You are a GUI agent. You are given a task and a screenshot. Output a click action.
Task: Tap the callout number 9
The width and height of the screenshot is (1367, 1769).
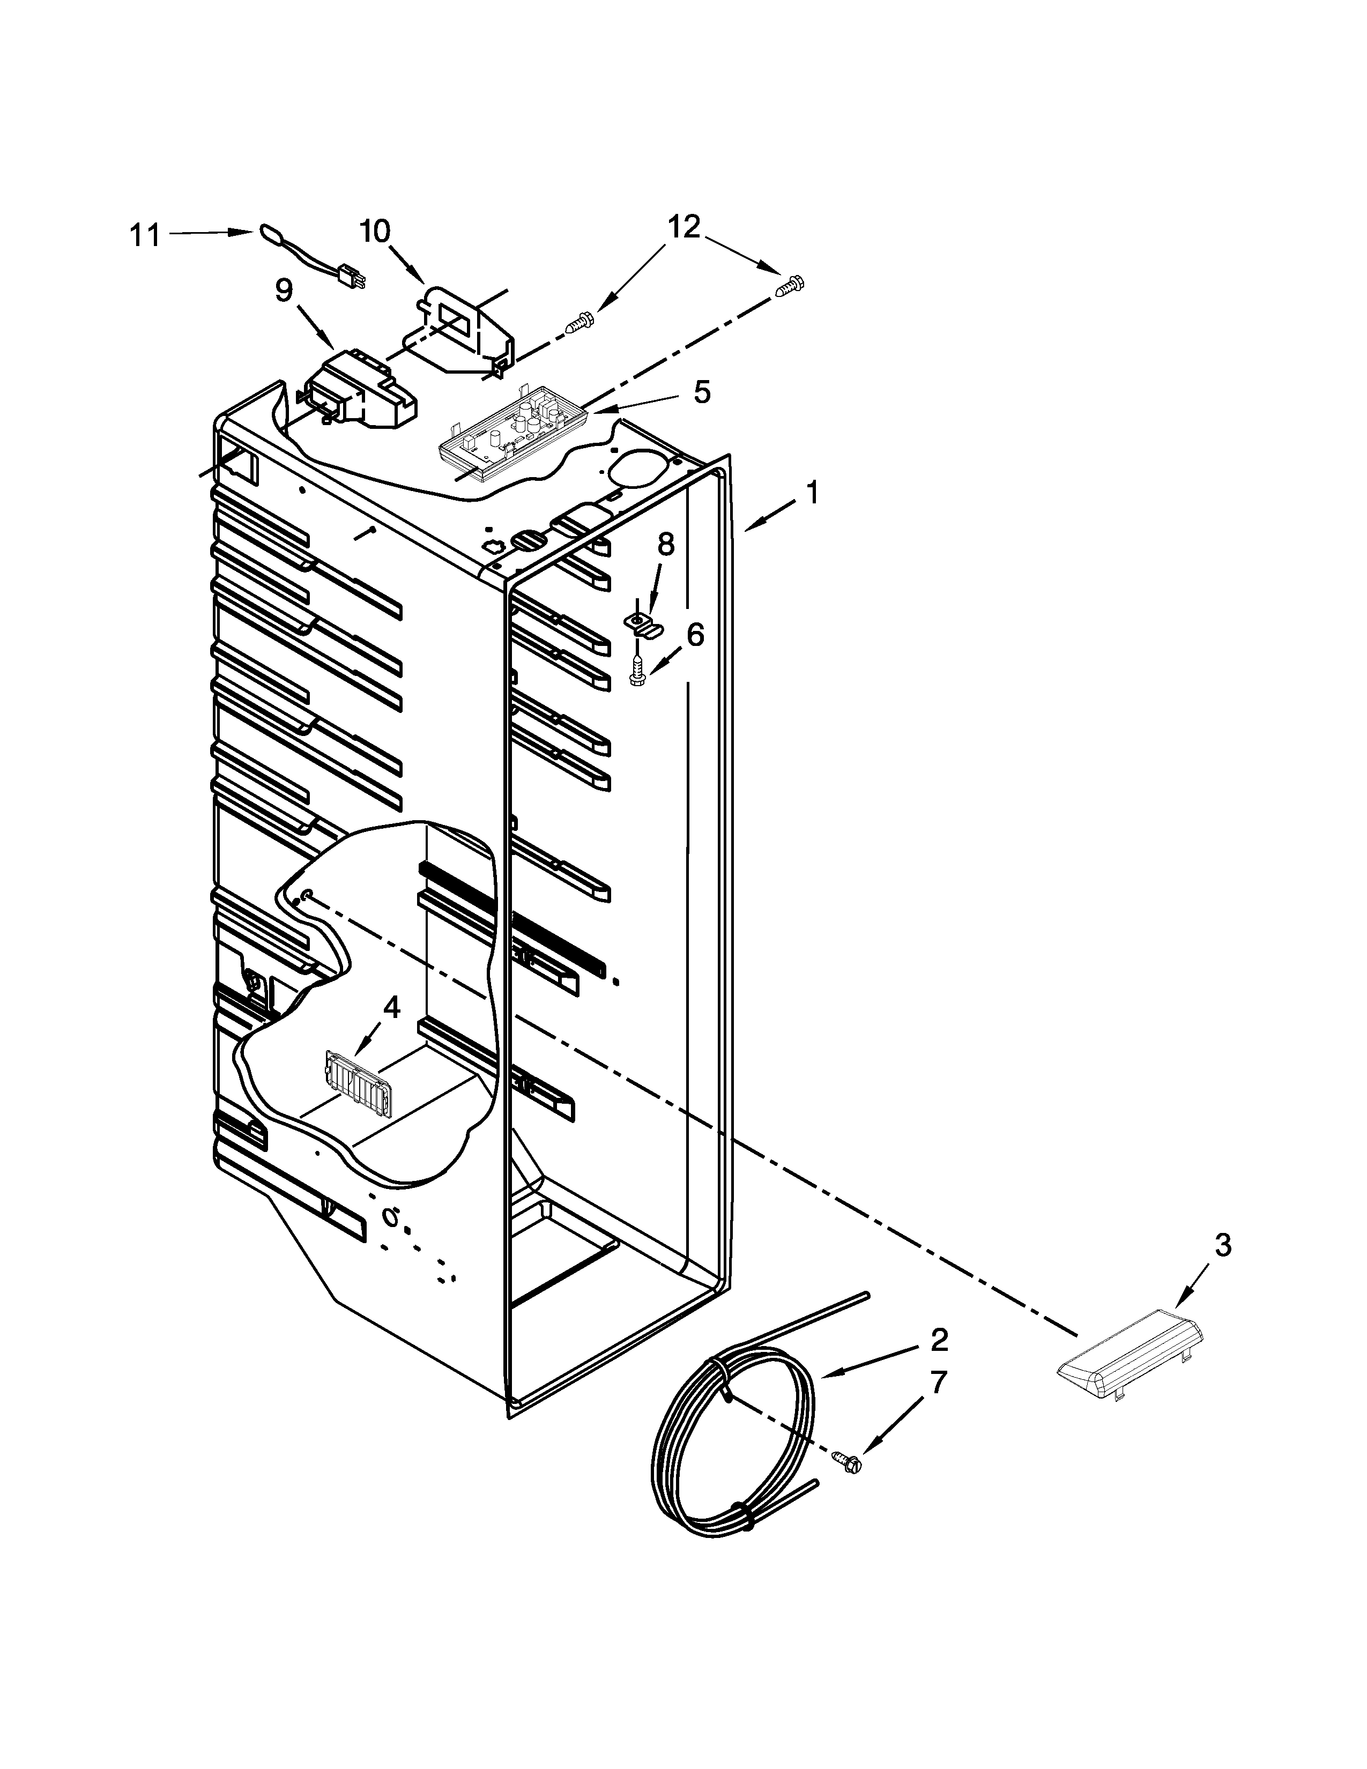coord(284,292)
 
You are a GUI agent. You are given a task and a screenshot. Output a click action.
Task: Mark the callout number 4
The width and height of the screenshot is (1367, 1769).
coord(391,1008)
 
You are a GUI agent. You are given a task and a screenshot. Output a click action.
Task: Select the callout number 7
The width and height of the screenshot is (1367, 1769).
coord(937,1382)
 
